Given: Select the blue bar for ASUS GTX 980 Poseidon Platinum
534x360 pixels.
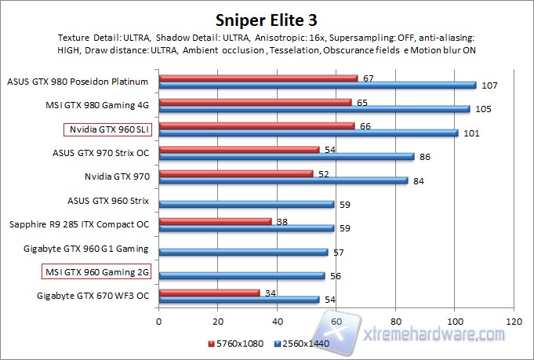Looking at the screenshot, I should point(317,85).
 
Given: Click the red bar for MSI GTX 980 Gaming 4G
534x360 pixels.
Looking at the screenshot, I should point(255,102).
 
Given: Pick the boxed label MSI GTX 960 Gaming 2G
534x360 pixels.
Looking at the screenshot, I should point(96,271).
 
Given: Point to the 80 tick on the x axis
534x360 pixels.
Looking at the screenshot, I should point(396,322).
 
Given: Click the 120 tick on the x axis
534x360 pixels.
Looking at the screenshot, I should point(514,322).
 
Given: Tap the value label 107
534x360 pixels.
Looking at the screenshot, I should point(489,85).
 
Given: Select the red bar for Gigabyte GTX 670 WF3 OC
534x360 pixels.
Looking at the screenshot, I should point(209,293).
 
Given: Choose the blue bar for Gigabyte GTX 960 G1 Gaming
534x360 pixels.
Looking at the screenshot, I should point(243,252).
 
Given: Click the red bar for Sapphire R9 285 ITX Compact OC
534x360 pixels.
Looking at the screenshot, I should point(215,221).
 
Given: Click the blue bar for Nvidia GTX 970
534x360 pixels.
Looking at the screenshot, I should point(283,180).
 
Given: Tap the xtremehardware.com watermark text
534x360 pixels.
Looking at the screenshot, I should point(427,336).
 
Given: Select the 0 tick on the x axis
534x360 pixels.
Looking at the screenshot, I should point(159,322).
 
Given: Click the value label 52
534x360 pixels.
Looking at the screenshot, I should point(322,174).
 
